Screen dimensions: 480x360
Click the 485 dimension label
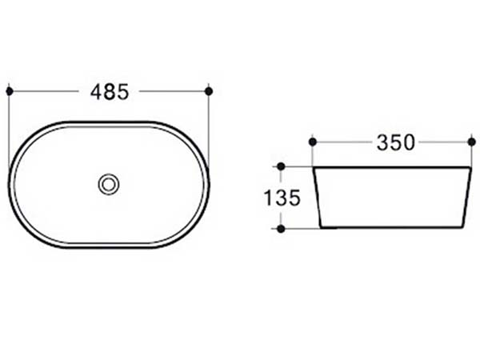(110, 92)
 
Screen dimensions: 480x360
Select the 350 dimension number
(395, 142)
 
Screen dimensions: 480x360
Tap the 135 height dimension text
(282, 198)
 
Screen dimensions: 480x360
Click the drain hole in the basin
(109, 184)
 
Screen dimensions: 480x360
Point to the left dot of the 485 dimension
(10, 91)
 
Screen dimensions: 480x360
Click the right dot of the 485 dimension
(209, 91)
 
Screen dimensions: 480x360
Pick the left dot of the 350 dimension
(313, 142)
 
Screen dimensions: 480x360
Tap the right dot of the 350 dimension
(472, 142)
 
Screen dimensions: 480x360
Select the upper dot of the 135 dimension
(281, 166)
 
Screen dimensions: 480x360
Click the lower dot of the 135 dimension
(281, 228)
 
